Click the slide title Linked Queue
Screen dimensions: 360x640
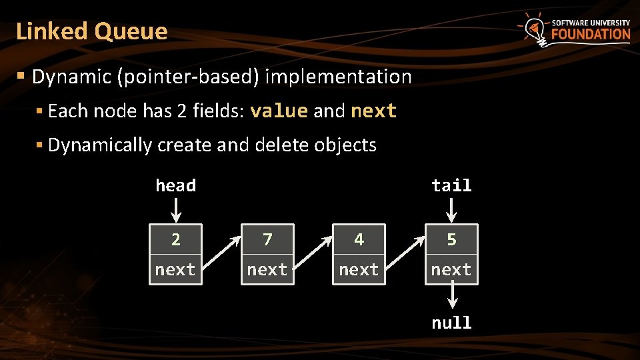coord(92,31)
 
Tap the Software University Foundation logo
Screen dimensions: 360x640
coord(576,30)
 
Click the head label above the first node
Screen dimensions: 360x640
coord(175,185)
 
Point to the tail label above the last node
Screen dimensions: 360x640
coord(451,185)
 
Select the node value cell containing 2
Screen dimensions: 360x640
coord(175,239)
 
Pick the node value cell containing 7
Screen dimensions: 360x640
coord(267,239)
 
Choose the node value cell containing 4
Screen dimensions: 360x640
coord(359,239)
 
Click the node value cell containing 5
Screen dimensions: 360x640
coord(451,239)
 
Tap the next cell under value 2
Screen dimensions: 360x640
coord(175,269)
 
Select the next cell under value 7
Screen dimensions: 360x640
coord(267,269)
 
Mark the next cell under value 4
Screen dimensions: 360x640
coord(359,269)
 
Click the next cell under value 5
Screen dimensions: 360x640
coord(451,269)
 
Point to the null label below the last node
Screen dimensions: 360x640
coord(451,323)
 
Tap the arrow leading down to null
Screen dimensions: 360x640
coord(451,297)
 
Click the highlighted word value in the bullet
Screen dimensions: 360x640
coord(279,111)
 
